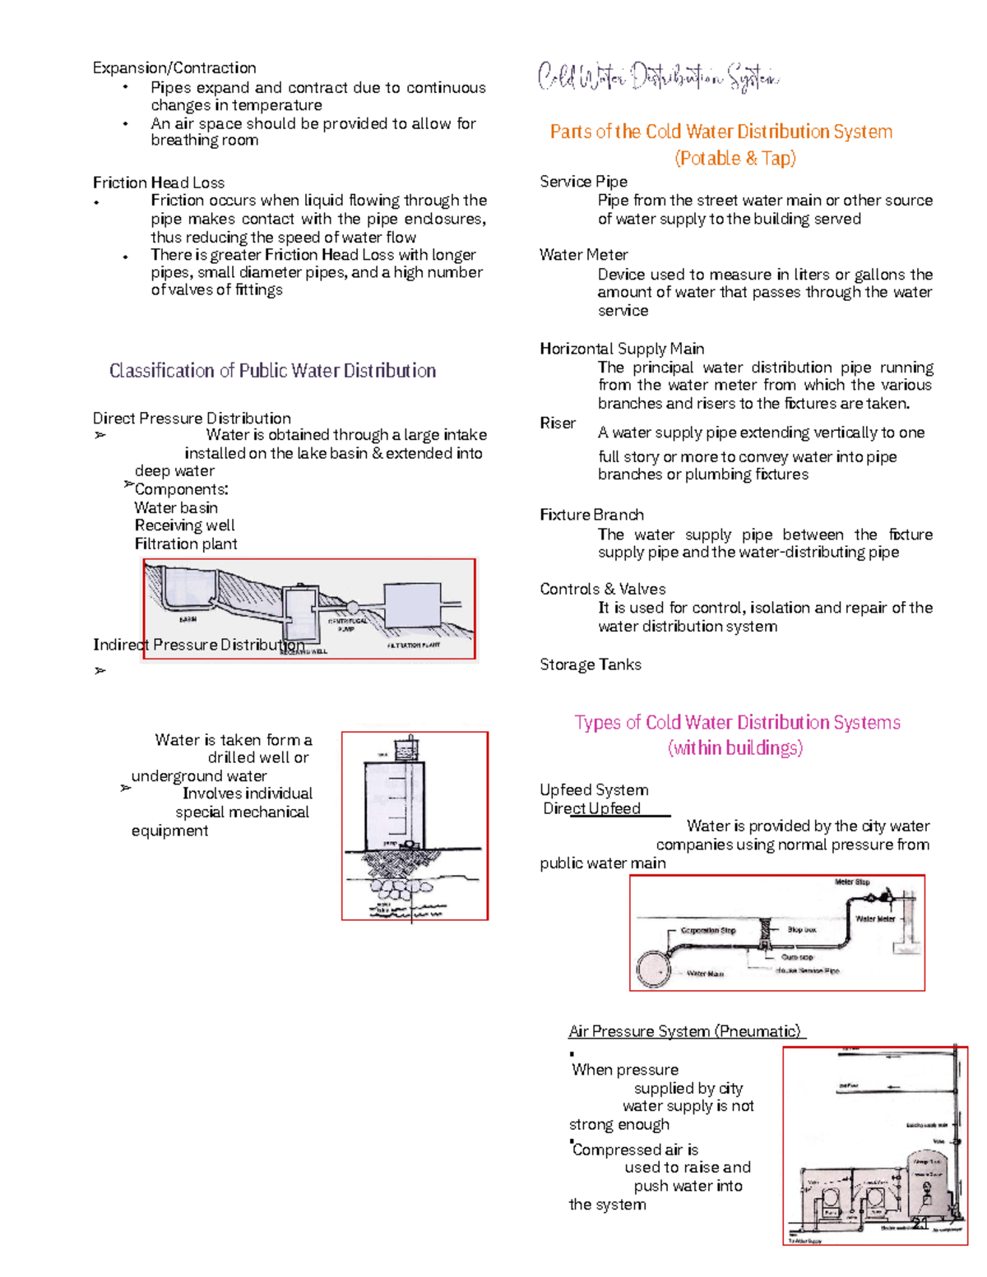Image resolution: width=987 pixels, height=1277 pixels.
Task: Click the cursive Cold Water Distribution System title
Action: pos(658,77)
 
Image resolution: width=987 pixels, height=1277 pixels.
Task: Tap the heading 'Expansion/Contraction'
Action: pos(174,68)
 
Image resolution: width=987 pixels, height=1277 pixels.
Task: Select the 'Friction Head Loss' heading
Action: pos(159,183)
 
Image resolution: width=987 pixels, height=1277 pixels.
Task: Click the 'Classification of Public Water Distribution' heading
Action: pos(272,371)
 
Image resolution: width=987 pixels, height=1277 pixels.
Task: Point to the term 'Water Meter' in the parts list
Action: pos(584,255)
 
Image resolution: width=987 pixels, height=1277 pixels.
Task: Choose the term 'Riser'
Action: pos(558,423)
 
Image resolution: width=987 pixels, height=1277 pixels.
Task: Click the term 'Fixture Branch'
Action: pos(591,515)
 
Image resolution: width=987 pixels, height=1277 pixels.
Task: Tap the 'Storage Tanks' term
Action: pos(591,664)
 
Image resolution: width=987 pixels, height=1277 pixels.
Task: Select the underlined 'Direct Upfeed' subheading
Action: pos(592,808)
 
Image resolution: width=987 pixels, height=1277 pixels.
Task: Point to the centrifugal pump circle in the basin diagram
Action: pos(352,607)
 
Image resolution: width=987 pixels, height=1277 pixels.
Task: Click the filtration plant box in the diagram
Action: pos(412,606)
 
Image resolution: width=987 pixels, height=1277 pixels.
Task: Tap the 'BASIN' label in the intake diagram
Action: pos(188,619)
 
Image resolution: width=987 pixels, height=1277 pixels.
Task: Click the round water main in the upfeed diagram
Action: pos(654,969)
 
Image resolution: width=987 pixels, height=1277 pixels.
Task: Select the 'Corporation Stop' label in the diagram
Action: pos(707,931)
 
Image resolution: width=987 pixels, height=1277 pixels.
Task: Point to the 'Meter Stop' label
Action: pos(852,882)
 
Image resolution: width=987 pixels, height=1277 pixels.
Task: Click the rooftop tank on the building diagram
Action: pos(406,749)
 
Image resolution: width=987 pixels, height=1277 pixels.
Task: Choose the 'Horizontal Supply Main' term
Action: pos(622,349)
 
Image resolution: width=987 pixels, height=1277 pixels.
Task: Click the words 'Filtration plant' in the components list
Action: pos(186,544)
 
